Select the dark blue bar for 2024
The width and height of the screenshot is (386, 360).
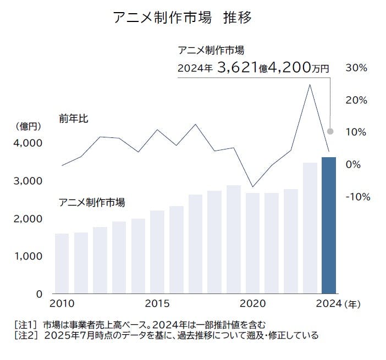[x=329, y=225]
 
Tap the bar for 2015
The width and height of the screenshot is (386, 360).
[x=157, y=252]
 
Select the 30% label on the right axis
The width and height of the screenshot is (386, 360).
[x=356, y=68]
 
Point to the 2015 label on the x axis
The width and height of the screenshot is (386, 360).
[x=157, y=303]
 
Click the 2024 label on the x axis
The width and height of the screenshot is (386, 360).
[x=328, y=303]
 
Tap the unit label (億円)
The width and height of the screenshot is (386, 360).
[x=28, y=127]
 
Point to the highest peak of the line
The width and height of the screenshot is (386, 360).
[x=310, y=85]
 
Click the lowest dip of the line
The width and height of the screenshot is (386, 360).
[x=252, y=187]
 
